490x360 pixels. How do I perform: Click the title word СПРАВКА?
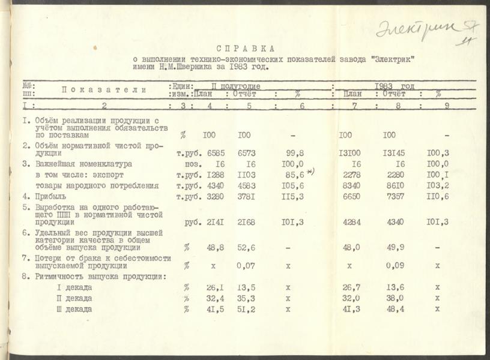click(x=245, y=48)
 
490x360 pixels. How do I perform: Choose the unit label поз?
click(x=187, y=164)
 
